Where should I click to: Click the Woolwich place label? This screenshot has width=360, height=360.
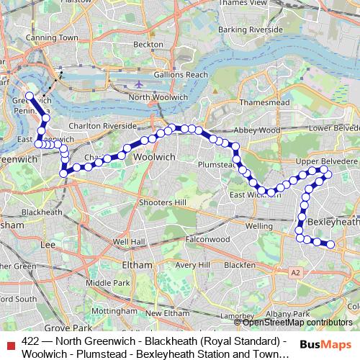coord(155,156)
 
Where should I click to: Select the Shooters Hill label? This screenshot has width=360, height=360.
coord(163,202)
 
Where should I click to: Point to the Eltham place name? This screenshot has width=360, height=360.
coord(137,265)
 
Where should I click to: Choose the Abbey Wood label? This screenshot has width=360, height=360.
coord(256,130)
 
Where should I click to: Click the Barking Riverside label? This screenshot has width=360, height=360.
coord(251,30)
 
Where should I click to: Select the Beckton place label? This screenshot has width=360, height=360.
coord(148,44)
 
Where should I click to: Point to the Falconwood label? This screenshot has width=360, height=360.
coord(207,239)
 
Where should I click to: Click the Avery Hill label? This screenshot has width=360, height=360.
coord(192,265)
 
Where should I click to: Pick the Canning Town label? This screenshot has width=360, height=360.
coord(53,37)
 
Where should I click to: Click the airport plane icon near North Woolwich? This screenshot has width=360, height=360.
coord(139,84)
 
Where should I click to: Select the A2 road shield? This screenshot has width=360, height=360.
coord(295,273)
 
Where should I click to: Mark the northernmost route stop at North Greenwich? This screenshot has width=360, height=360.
coord(29,96)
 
